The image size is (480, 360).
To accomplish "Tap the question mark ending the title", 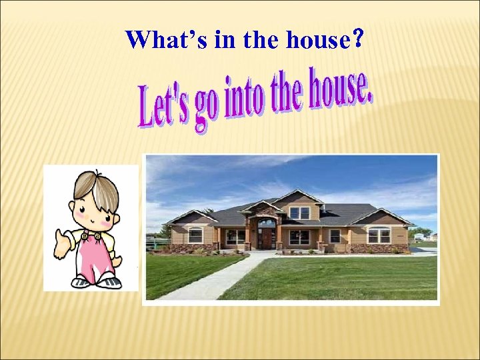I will (359, 40).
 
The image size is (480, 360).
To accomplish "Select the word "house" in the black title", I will (317, 40).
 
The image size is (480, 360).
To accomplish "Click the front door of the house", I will (267, 238).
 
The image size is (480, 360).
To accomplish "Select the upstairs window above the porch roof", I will (299, 213).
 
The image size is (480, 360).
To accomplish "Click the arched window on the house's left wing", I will (195, 235).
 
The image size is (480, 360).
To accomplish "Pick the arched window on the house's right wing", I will (379, 235).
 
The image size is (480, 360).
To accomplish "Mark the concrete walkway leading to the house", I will (213, 277).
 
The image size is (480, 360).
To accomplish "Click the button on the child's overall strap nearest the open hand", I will (85, 236).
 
